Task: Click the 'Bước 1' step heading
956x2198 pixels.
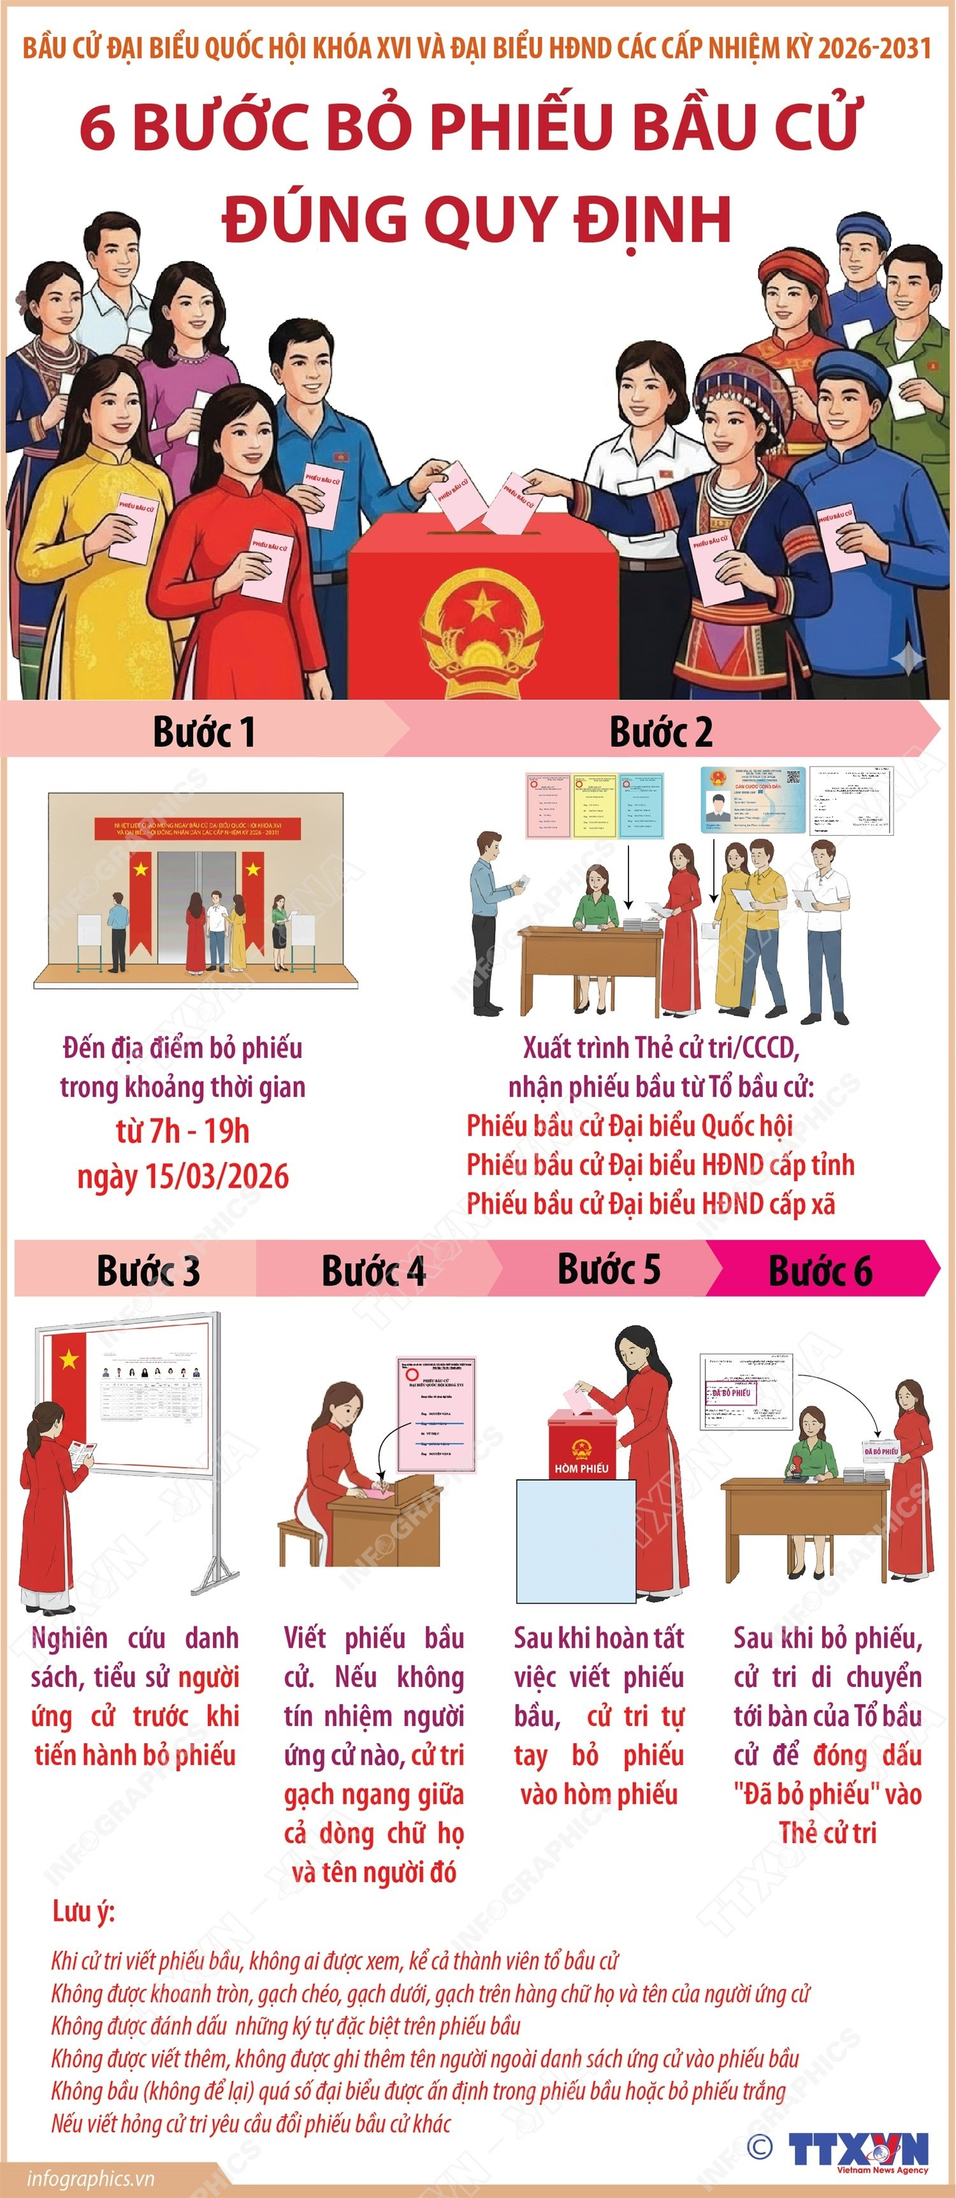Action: click(203, 732)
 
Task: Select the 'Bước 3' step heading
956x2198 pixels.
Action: click(148, 1270)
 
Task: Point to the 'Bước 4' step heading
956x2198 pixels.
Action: click(373, 1270)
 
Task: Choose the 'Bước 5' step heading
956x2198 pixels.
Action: click(609, 1269)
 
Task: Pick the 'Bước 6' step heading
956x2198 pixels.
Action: click(820, 1270)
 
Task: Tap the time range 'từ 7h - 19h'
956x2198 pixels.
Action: click(183, 1131)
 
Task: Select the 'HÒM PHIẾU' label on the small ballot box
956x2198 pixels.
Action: click(581, 1469)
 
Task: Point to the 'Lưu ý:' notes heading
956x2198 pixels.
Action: click(83, 1911)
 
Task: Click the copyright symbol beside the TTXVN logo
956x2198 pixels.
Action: click(759, 2146)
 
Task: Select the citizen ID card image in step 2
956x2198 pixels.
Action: click(753, 800)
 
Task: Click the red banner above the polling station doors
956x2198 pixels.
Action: click(198, 828)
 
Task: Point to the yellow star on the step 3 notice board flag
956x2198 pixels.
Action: click(69, 1359)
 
